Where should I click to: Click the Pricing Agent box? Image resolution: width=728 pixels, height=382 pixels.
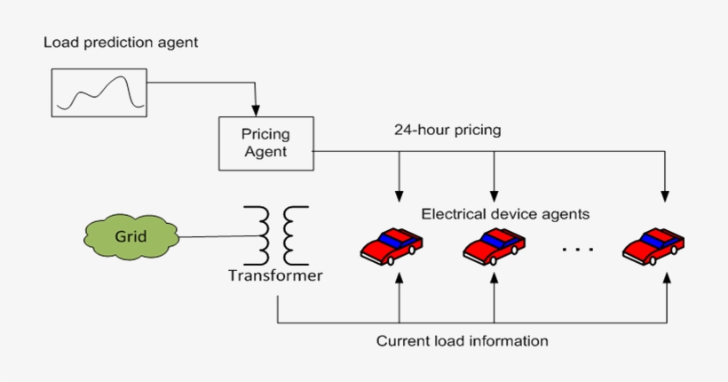coord(265,143)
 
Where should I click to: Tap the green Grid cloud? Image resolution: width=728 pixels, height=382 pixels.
coord(131,236)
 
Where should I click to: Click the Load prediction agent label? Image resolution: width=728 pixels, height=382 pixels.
coord(121,43)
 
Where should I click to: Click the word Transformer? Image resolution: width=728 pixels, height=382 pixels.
coord(275,275)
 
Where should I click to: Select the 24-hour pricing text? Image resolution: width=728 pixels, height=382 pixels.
coord(447,130)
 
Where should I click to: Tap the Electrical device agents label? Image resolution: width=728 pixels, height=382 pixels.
coord(505,214)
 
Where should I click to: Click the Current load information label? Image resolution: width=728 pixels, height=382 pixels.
coord(462,341)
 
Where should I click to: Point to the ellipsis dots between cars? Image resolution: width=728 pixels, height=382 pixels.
coord(577,250)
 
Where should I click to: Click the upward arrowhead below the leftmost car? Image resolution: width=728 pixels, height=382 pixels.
coord(400,277)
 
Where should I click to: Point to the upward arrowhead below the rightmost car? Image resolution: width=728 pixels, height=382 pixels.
coord(666,277)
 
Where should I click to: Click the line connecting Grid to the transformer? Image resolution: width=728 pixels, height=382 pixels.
coord(213,236)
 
